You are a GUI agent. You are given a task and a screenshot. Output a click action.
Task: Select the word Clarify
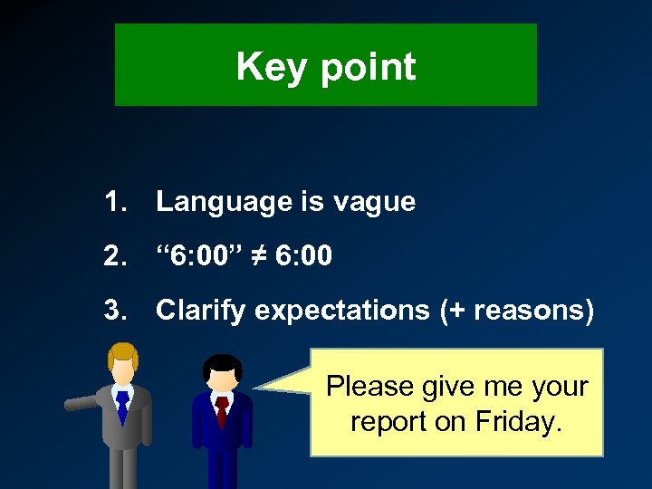pyautogui.click(x=201, y=312)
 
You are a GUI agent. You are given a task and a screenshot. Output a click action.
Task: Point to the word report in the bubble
pyautogui.click(x=388, y=420)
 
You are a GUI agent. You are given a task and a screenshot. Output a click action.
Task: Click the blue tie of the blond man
pyautogui.click(x=122, y=407)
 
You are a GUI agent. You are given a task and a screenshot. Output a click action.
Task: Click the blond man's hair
pyautogui.click(x=121, y=355)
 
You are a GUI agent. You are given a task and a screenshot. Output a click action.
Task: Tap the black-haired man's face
pyautogui.click(x=222, y=379)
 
